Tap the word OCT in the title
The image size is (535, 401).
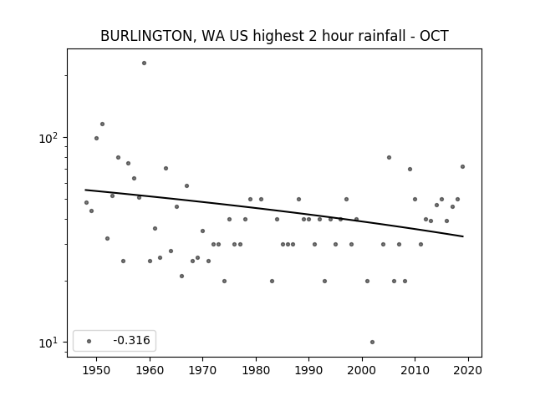[434, 36]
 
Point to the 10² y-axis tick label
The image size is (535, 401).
[51, 137]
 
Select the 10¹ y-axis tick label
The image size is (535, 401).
[51, 342]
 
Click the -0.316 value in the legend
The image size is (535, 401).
[131, 340]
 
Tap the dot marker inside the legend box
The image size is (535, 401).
[89, 341]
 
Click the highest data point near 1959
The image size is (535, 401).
[144, 63]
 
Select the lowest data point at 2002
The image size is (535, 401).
[372, 342]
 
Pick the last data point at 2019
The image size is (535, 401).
[462, 166]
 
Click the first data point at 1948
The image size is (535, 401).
[86, 202]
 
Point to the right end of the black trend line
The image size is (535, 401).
[462, 236]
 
